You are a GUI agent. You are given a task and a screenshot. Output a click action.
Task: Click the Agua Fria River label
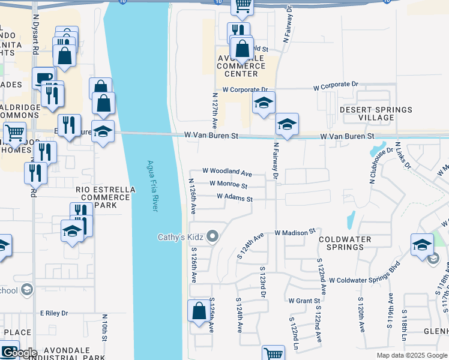coord(151,185)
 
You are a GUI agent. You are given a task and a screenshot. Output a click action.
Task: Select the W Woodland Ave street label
coord(227,172)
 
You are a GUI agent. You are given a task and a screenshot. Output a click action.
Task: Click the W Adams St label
coord(235,197)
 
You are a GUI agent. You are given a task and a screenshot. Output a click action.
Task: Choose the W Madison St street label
coord(295,232)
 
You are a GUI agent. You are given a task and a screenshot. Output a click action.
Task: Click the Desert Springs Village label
coord(376,113)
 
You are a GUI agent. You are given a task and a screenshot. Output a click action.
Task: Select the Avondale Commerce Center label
coord(245,65)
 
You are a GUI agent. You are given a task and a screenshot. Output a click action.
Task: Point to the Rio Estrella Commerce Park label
coord(106,197)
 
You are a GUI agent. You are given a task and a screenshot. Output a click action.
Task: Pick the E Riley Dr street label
coord(55,313)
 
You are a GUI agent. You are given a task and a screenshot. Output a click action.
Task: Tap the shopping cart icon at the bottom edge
coord(274,354)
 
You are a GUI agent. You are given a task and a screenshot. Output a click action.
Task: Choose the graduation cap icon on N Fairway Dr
coord(287,125)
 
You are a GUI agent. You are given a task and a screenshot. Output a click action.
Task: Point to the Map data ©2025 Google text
coord(411,355)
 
